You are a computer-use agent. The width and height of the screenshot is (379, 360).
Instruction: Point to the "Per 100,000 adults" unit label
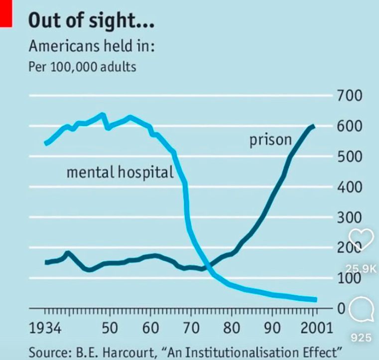coord(82,66)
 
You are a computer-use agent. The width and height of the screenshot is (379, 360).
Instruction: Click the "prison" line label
coord(270,141)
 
